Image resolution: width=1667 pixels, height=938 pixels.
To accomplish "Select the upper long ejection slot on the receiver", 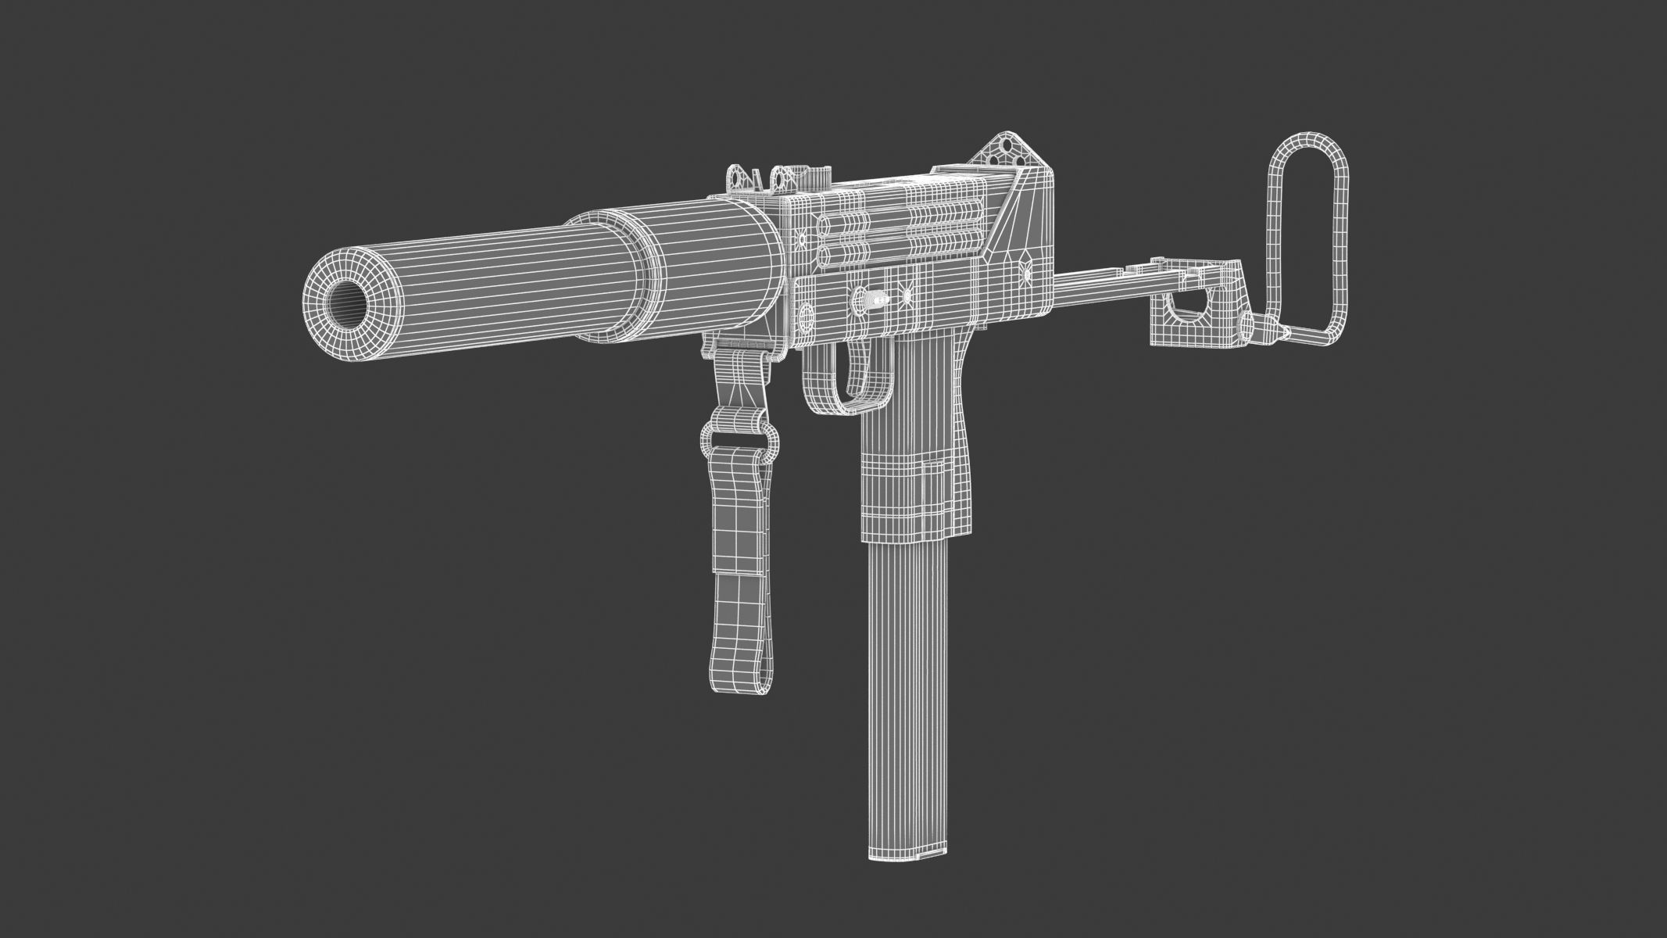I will point(938,212).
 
